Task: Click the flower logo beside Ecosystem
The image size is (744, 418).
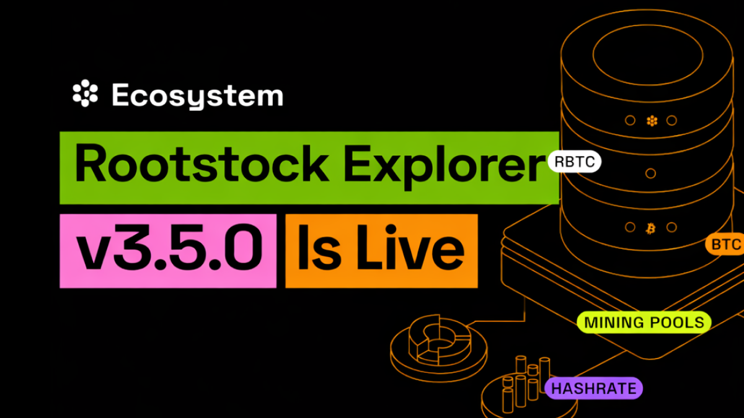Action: point(86,94)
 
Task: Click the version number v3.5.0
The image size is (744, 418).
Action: point(167,250)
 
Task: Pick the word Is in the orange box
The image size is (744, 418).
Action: point(320,250)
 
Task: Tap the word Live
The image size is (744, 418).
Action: point(409,250)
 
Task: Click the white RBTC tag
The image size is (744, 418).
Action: point(574,162)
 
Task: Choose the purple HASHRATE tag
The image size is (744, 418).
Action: point(593,388)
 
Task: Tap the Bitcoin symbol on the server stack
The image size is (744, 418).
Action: point(650,227)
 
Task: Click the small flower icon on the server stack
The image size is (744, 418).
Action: point(651,121)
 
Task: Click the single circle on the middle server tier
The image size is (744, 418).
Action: point(650,173)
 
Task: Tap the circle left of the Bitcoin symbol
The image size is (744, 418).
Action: point(629,227)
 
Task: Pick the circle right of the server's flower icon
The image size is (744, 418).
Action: point(672,121)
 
